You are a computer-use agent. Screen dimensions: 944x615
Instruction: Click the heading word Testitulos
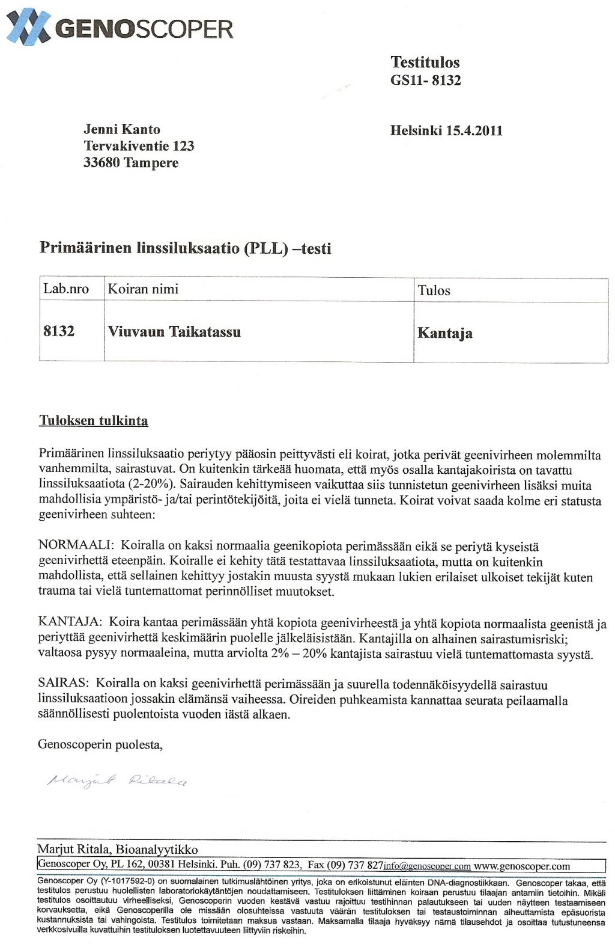425,63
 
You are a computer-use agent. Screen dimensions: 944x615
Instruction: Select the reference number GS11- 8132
425,81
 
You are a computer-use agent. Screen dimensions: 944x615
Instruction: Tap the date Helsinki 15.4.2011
446,130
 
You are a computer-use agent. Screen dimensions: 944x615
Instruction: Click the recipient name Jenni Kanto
122,129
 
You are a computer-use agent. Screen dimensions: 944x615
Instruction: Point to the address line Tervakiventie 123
139,146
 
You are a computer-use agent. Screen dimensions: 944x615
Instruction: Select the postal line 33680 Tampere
131,163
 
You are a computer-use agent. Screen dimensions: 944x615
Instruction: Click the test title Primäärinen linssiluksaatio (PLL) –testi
185,248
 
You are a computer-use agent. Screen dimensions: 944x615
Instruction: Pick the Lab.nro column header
66,289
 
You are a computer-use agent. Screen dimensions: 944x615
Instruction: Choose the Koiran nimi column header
143,289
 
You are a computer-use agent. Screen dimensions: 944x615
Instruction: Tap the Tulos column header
434,290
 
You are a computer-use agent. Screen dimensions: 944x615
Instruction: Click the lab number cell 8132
59,331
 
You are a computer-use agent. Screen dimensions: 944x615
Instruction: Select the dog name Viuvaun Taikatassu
174,332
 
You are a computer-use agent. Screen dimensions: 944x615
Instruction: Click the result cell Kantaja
444,334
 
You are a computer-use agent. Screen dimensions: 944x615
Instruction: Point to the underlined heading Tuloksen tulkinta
93,421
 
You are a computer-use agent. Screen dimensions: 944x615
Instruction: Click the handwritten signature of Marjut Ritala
118,780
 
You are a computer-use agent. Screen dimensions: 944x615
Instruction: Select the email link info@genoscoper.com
427,866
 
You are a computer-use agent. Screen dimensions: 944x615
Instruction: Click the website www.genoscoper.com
521,866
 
